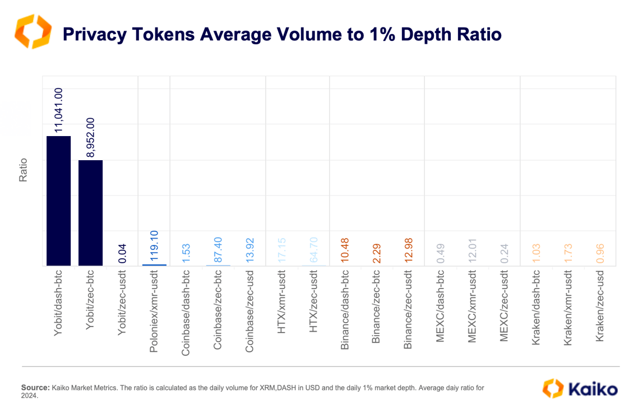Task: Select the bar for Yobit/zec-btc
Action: point(90,213)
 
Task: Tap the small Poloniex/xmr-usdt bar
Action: point(154,264)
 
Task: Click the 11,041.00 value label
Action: point(58,111)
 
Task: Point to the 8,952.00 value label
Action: point(90,138)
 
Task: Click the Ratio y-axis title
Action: point(24,171)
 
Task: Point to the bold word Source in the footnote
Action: point(35,387)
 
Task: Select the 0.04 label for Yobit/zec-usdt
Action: point(122,253)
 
